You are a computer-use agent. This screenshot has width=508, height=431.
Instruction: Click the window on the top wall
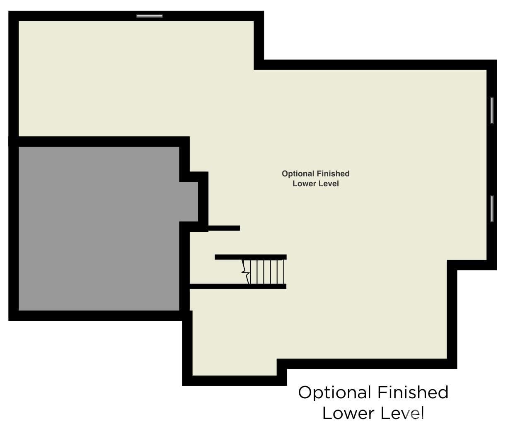pyautogui.click(x=150, y=16)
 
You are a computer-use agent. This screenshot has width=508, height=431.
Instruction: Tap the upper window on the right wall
pyautogui.click(x=492, y=110)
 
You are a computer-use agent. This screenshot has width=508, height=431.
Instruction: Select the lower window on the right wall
pyautogui.click(x=492, y=209)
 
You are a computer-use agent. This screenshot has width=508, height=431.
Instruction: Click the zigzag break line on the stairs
pyautogui.click(x=245, y=272)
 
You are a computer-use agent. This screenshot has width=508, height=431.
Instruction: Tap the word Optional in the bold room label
pyautogui.click(x=298, y=174)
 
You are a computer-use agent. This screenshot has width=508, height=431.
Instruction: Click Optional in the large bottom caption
pyautogui.click(x=334, y=393)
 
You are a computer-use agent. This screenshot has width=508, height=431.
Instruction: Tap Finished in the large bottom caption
pyautogui.click(x=413, y=392)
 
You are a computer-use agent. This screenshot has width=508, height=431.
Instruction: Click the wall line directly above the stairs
pyautogui.click(x=250, y=257)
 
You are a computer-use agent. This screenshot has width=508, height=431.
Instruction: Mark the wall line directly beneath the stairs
pyautogui.click(x=238, y=286)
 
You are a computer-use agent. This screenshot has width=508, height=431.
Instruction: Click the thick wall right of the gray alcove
pyautogui.click(x=203, y=201)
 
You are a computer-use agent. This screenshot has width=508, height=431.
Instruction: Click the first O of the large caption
pyautogui.click(x=305, y=392)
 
